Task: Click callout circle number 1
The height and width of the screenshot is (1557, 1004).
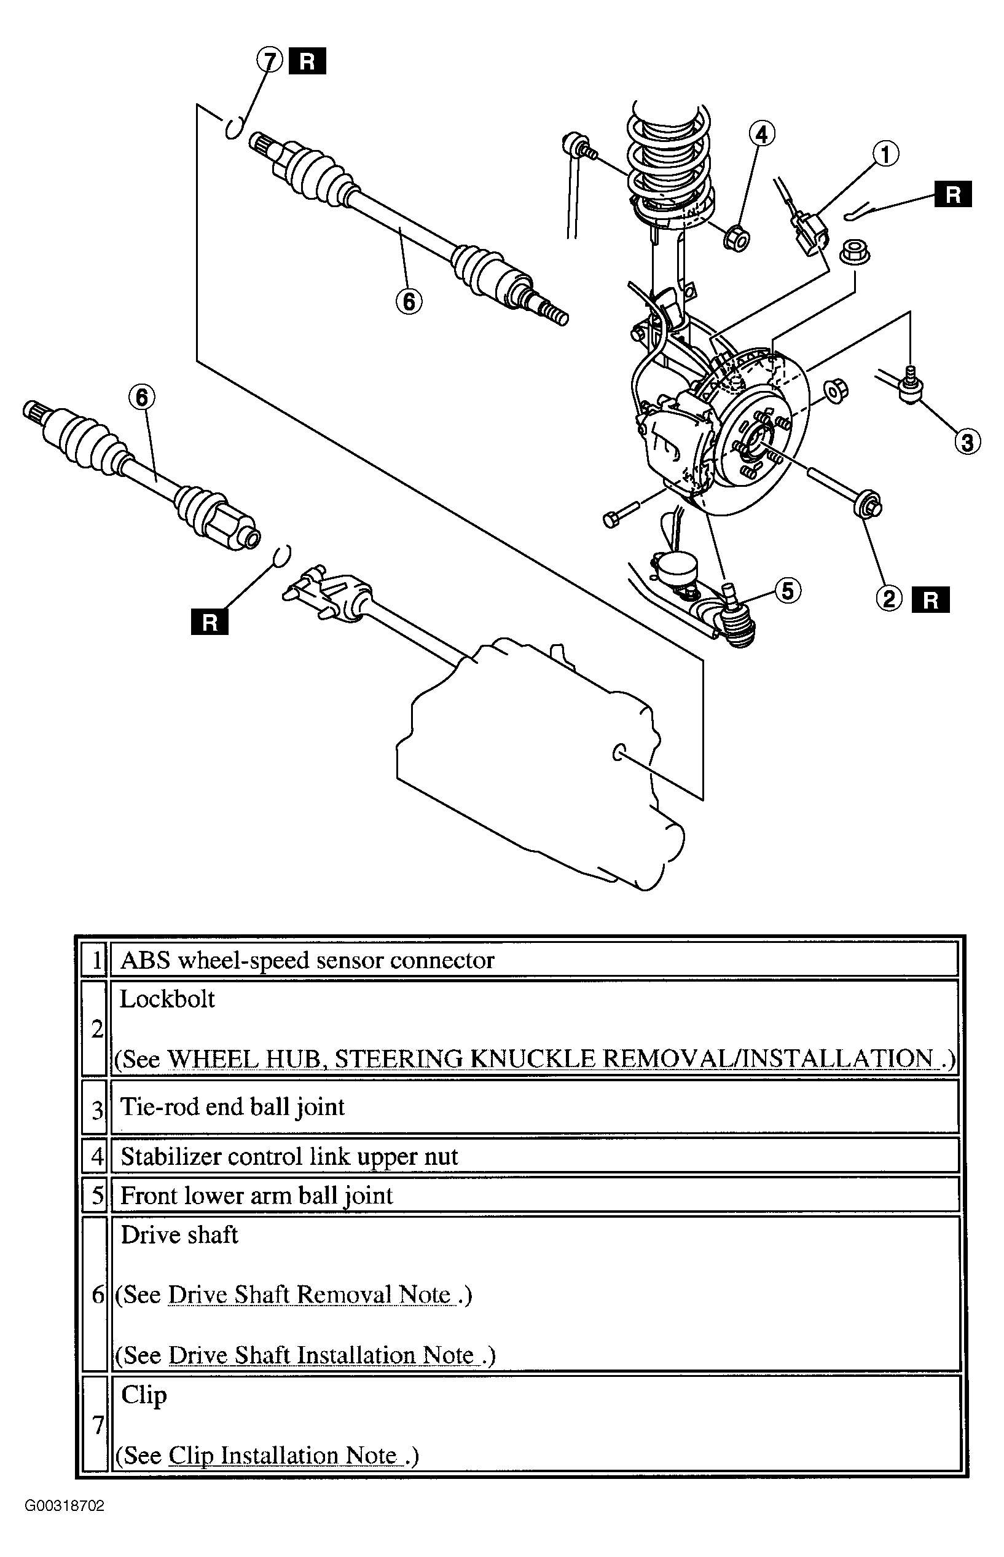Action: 885,154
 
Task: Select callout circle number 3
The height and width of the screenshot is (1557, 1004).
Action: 967,441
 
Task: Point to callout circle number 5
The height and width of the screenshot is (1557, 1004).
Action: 788,591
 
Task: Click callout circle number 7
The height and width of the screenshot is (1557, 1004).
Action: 269,61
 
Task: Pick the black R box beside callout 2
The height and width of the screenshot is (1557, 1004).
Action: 930,600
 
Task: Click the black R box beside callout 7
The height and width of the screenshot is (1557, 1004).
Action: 307,61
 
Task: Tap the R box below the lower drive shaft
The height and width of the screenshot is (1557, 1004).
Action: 210,622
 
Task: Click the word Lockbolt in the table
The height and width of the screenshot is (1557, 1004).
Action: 168,999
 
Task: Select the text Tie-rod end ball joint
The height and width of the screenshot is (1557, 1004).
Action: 233,1106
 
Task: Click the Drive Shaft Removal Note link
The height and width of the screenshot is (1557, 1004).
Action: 310,1295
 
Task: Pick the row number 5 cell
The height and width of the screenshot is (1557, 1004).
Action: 95,1195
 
